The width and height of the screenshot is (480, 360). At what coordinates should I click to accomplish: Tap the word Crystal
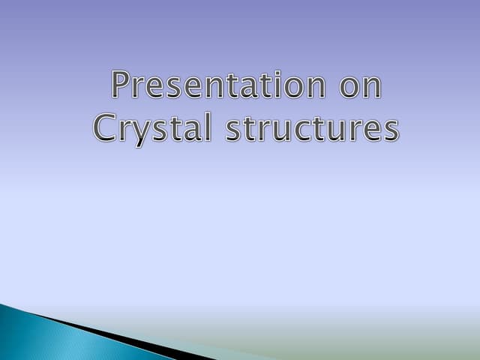[152, 128]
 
